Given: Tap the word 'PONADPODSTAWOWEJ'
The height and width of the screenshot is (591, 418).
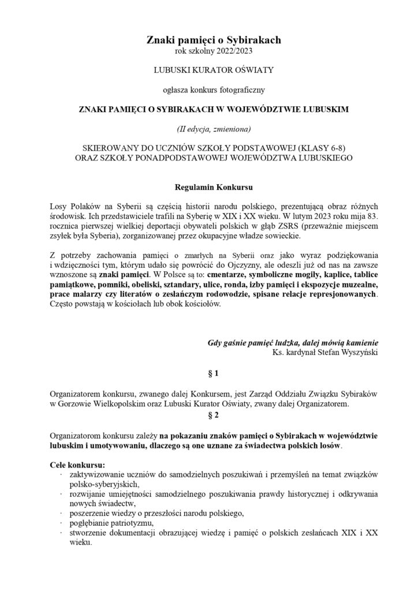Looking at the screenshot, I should click(184, 158).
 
